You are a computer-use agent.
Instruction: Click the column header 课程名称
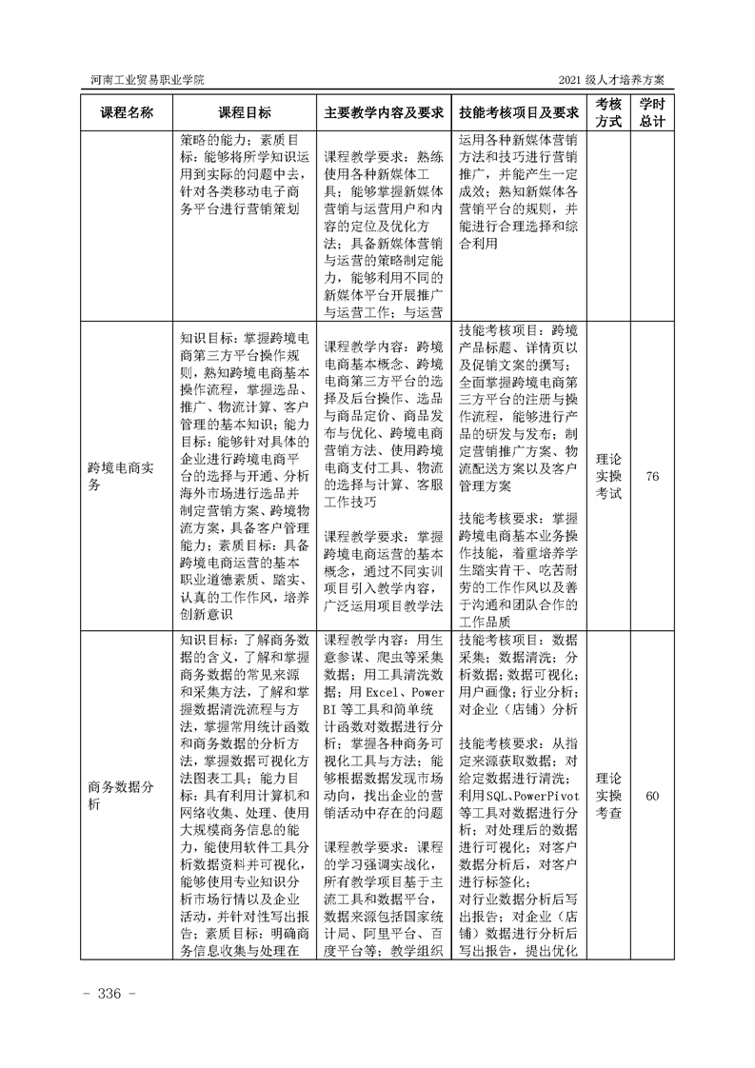tap(127, 112)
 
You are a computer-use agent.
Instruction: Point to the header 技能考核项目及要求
tap(519, 112)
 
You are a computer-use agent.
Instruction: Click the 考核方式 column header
tap(609, 112)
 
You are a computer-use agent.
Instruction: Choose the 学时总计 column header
tap(652, 112)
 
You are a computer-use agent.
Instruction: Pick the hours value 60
tap(652, 796)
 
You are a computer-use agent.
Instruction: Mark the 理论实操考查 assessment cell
tap(609, 796)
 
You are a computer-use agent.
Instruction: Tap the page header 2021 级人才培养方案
tap(616, 79)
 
